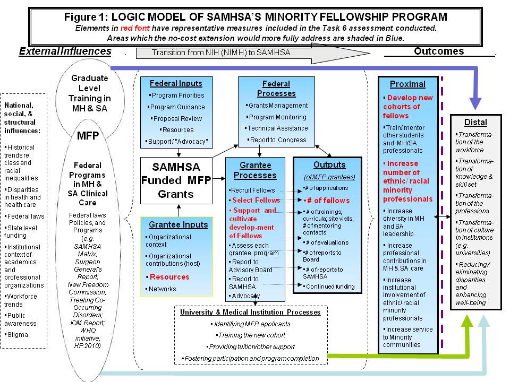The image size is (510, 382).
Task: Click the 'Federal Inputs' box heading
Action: (175, 83)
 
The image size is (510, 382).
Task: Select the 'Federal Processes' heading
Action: (276, 89)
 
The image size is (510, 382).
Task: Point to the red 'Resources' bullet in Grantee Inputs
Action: (169, 276)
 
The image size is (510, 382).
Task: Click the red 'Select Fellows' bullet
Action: (256, 200)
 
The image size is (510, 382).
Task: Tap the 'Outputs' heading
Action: (329, 164)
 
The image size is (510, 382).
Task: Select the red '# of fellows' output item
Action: (326, 200)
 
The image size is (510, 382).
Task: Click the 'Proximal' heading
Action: (407, 84)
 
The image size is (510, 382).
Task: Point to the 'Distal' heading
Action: (475, 123)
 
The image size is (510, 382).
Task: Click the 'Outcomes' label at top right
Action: (438, 51)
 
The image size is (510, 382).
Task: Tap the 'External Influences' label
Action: (65, 51)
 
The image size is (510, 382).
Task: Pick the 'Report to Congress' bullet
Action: (277, 140)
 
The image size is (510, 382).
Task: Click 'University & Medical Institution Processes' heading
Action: (250, 312)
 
